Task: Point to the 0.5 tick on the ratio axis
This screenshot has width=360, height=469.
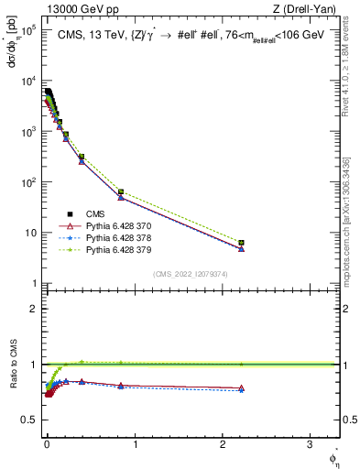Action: tap(29, 420)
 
